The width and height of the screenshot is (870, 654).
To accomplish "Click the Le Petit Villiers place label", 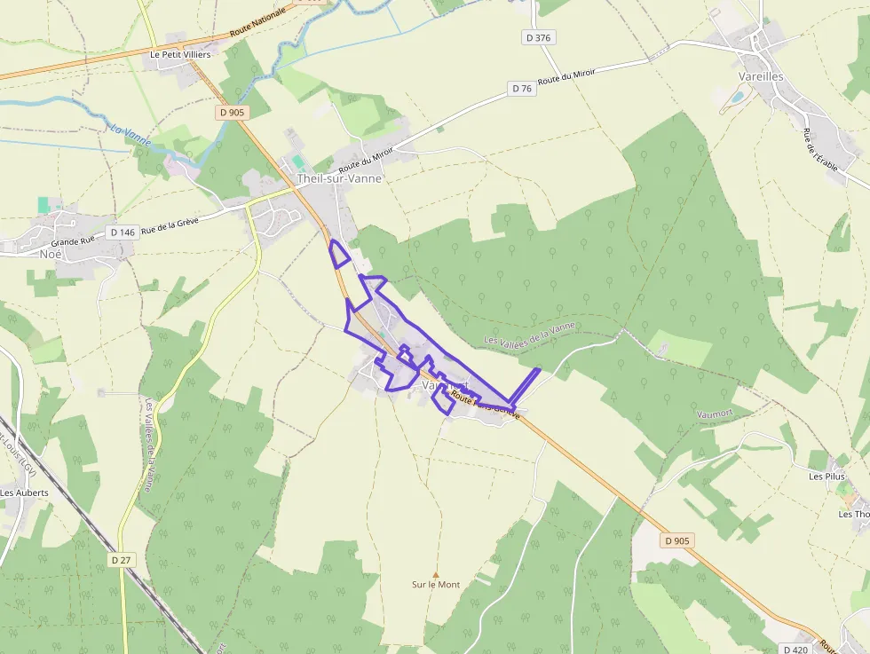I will [180, 54].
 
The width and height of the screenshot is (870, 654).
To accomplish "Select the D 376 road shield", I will [538, 37].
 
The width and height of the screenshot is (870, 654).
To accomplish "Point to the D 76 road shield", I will [521, 89].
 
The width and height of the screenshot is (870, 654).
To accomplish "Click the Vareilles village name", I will [761, 76].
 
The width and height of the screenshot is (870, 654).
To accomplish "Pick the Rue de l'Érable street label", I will [819, 156].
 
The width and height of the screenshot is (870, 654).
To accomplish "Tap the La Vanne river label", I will [130, 135].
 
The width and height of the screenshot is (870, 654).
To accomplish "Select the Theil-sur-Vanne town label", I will [339, 178].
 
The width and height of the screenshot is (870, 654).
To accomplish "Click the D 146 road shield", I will [123, 232].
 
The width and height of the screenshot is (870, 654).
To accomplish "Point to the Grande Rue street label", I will [73, 241].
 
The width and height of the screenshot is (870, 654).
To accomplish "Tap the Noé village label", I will [51, 253].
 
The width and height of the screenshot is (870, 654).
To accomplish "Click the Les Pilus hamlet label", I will [826, 477].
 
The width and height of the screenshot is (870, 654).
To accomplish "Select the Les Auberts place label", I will [24, 492].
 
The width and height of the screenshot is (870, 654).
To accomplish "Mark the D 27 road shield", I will [122, 560].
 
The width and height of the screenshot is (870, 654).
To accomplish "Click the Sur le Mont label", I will [436, 585].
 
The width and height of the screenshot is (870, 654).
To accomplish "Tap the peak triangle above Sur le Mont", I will [435, 574].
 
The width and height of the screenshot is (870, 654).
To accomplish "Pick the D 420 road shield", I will [796, 650].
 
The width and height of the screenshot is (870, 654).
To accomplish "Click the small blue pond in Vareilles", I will [738, 98].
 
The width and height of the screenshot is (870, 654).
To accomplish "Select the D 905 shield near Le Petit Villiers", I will [233, 113].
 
